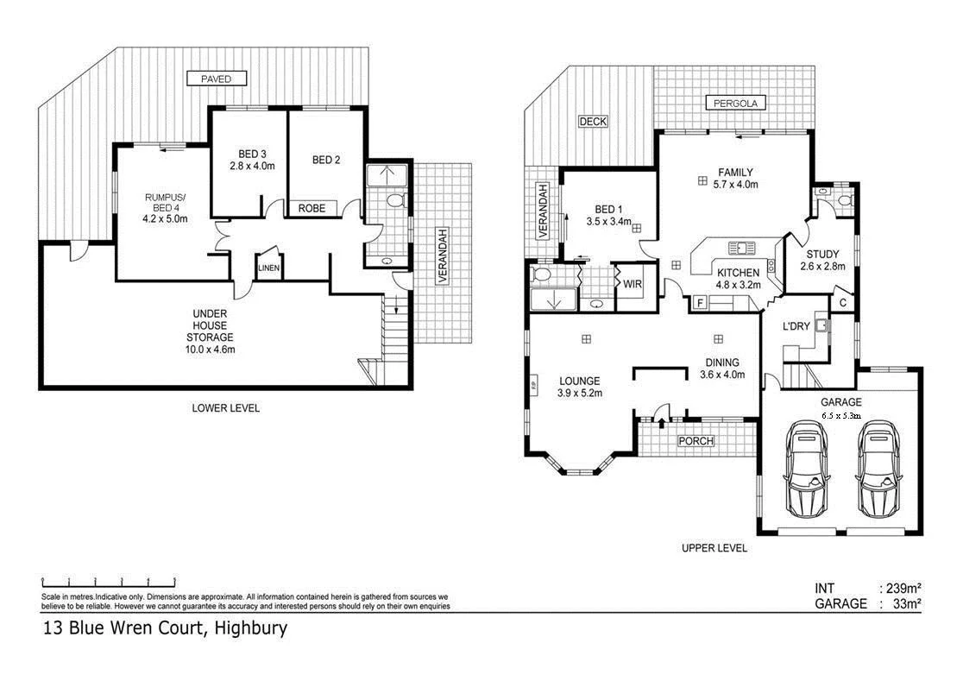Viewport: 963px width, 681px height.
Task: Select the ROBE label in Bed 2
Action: tap(312, 208)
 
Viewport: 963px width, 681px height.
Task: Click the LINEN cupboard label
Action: tap(268, 269)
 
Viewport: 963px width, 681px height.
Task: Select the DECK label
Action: tap(593, 122)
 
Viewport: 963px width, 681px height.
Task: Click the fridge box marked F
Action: tap(699, 303)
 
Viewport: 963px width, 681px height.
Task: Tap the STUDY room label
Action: tap(822, 255)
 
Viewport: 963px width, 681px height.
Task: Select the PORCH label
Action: tap(695, 441)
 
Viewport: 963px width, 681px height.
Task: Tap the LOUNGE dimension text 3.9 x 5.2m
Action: tap(579, 393)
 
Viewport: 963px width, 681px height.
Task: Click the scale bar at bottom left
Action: tap(109, 582)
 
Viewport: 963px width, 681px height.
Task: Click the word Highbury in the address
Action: tap(251, 629)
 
